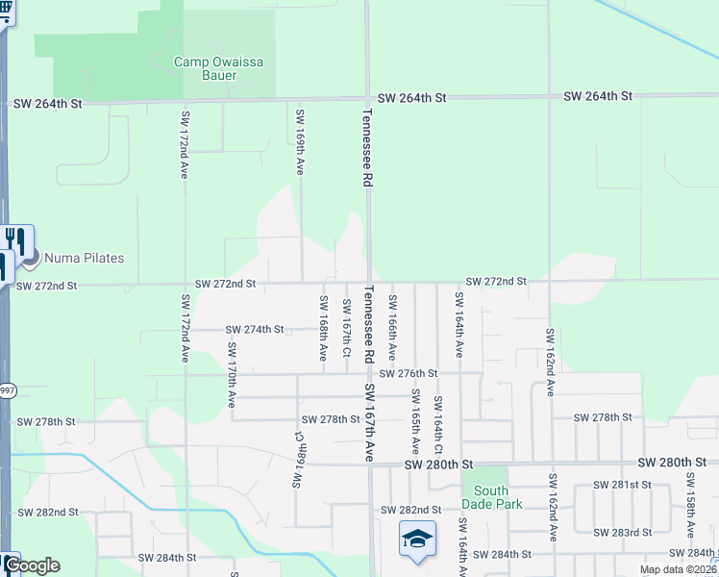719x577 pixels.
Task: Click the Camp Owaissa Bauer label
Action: pyautogui.click(x=218, y=68)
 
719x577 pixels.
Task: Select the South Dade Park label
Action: pyautogui.click(x=491, y=497)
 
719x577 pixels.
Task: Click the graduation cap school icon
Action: pyautogui.click(x=418, y=539)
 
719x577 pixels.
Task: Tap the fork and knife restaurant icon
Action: pyautogui.click(x=16, y=239)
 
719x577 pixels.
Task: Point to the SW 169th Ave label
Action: pyautogui.click(x=300, y=141)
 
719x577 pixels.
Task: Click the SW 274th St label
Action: pyautogui.click(x=255, y=330)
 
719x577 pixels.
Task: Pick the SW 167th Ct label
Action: pyautogui.click(x=346, y=328)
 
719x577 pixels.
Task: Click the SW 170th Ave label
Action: pyautogui.click(x=232, y=382)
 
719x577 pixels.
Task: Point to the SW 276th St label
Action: pyautogui.click(x=408, y=373)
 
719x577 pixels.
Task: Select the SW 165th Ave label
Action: pyautogui.click(x=415, y=416)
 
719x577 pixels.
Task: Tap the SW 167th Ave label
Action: pyautogui.click(x=369, y=423)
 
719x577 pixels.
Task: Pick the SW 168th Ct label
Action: pyautogui.click(x=299, y=460)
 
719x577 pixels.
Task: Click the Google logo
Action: pyautogui.click(x=32, y=565)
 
